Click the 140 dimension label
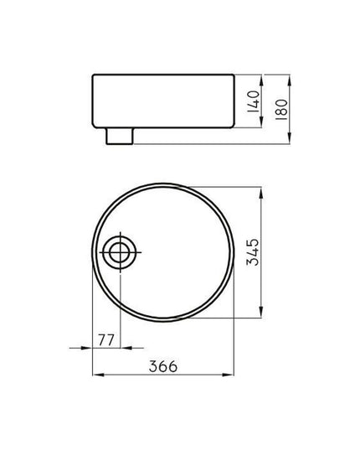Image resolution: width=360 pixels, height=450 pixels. point(254,101)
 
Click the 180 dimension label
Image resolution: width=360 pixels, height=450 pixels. point(281,110)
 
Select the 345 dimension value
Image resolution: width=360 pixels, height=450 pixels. point(253,252)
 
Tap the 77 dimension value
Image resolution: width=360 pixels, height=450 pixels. point(106,340)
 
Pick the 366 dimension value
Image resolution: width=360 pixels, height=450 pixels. point(163,366)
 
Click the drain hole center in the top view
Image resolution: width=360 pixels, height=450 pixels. point(120,252)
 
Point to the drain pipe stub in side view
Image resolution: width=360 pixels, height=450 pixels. point(120,136)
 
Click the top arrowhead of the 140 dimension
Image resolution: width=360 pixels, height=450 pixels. point(261,80)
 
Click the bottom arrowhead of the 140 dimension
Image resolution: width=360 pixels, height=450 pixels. point(261,122)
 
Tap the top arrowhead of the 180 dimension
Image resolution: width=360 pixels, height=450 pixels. point(289,80)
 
